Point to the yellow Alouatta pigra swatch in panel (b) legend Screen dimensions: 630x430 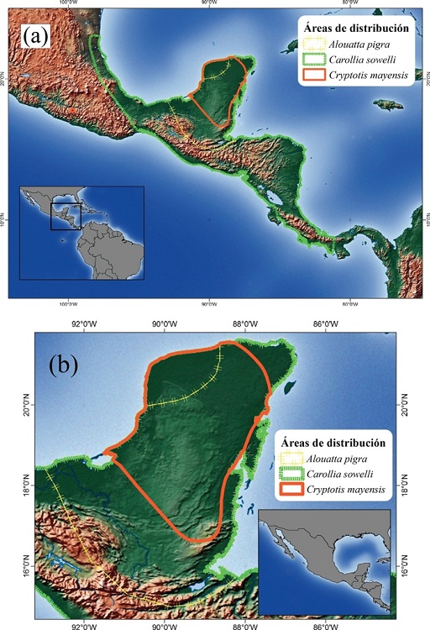pyautogui.click(x=291, y=459)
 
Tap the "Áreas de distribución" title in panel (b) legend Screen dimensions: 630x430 pyautogui.click(x=334, y=443)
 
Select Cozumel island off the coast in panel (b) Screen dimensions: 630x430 pyautogui.click(x=289, y=389)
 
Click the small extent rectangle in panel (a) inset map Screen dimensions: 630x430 pyautogui.click(x=66, y=215)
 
